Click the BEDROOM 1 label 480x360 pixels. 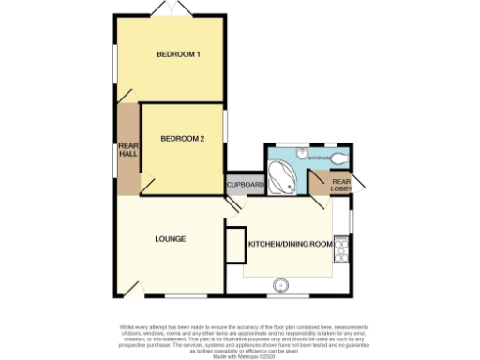[x=177, y=55]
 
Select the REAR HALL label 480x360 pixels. [x=127, y=150]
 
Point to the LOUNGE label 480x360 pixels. [x=170, y=239]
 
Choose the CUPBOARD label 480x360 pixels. [x=246, y=186]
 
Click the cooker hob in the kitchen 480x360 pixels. [x=341, y=249]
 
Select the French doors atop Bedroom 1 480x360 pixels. [x=168, y=10]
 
